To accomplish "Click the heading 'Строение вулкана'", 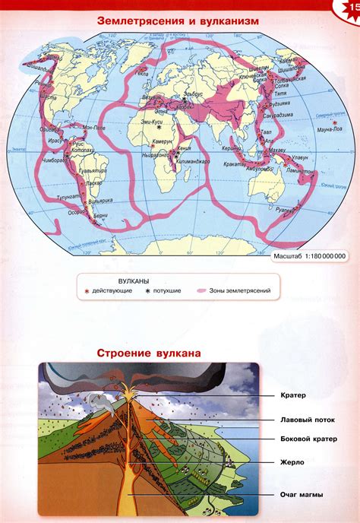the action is point(149,353).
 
